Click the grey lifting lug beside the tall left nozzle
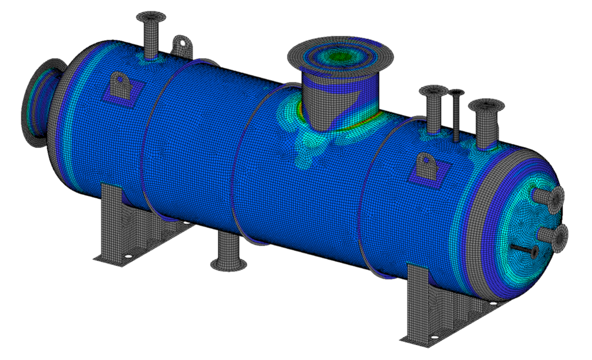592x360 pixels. [x=182, y=44]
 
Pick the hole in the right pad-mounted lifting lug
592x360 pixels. [x=426, y=159]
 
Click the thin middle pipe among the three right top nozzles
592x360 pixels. [x=457, y=116]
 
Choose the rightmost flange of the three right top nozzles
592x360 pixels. [x=486, y=106]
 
